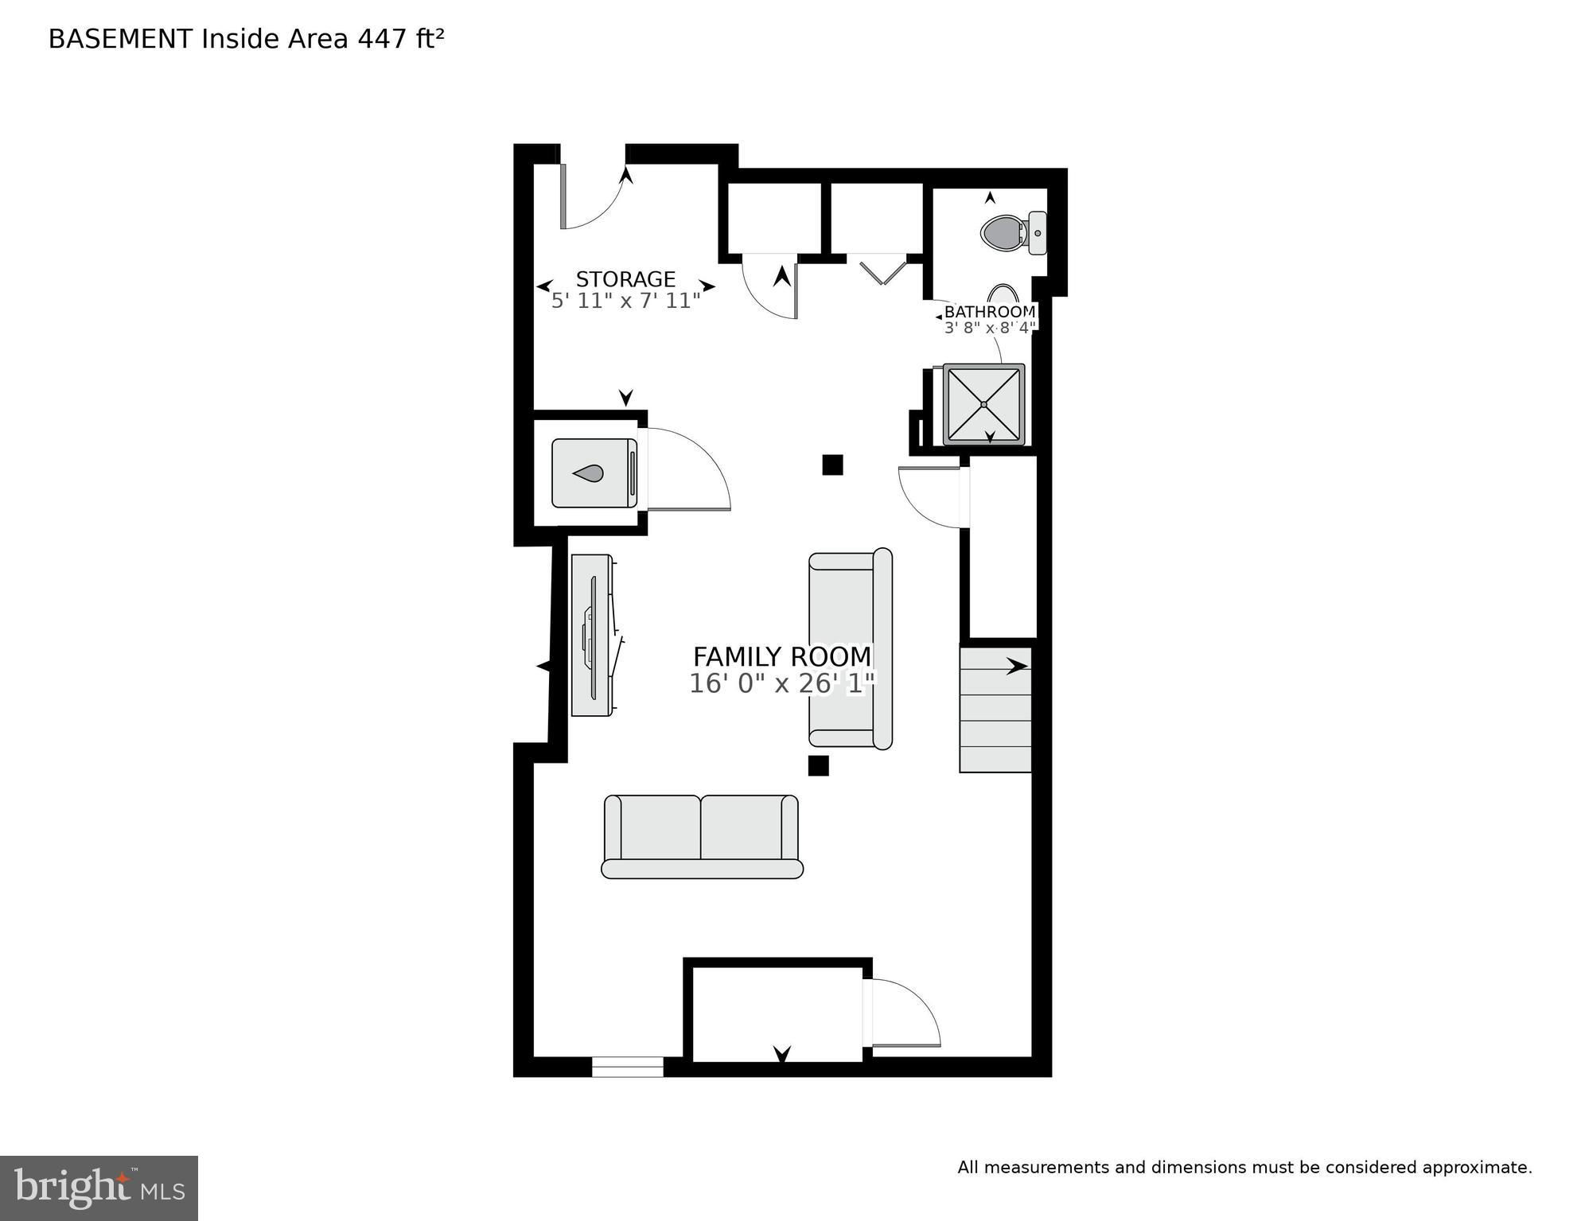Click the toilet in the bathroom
pyautogui.click(x=1013, y=233)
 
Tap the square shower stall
pyautogui.click(x=983, y=404)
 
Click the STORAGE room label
pyautogui.click(x=625, y=279)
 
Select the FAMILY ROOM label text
pyautogui.click(x=782, y=657)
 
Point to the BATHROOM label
pyautogui.click(x=990, y=312)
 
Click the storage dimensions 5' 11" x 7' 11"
pyautogui.click(x=625, y=301)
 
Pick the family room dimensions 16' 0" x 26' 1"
pyautogui.click(x=782, y=683)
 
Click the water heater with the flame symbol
pyautogui.click(x=594, y=473)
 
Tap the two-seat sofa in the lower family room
pyautogui.click(x=702, y=836)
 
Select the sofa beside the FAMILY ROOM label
pyautogui.click(x=851, y=648)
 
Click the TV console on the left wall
pyautogui.click(x=594, y=635)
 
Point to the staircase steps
pyautogui.click(x=995, y=710)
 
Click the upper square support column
pyautogui.click(x=832, y=465)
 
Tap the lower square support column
pyautogui.click(x=818, y=765)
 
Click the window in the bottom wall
pyautogui.click(x=628, y=1067)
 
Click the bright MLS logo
pyautogui.click(x=99, y=1188)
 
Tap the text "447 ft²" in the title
pyautogui.click(x=400, y=38)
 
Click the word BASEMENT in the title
pyautogui.click(x=120, y=39)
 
